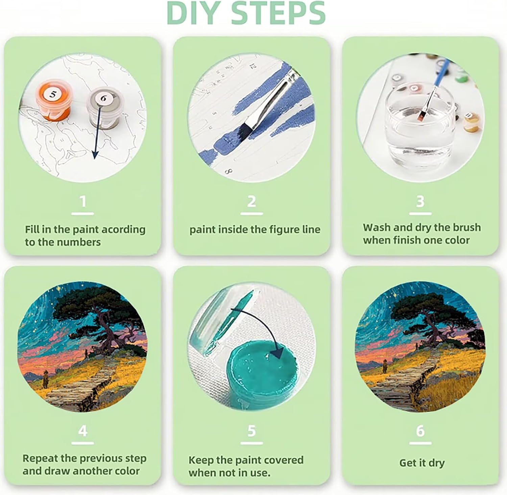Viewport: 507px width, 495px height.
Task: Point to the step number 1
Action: point(83,202)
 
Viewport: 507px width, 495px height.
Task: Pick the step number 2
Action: point(251,202)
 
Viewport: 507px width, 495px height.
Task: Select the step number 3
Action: point(420,202)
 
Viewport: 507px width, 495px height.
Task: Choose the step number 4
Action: point(83,431)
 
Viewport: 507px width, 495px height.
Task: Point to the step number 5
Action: point(251,431)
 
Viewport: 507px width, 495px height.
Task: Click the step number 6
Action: point(420,431)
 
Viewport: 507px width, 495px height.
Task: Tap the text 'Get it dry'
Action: point(422,463)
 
